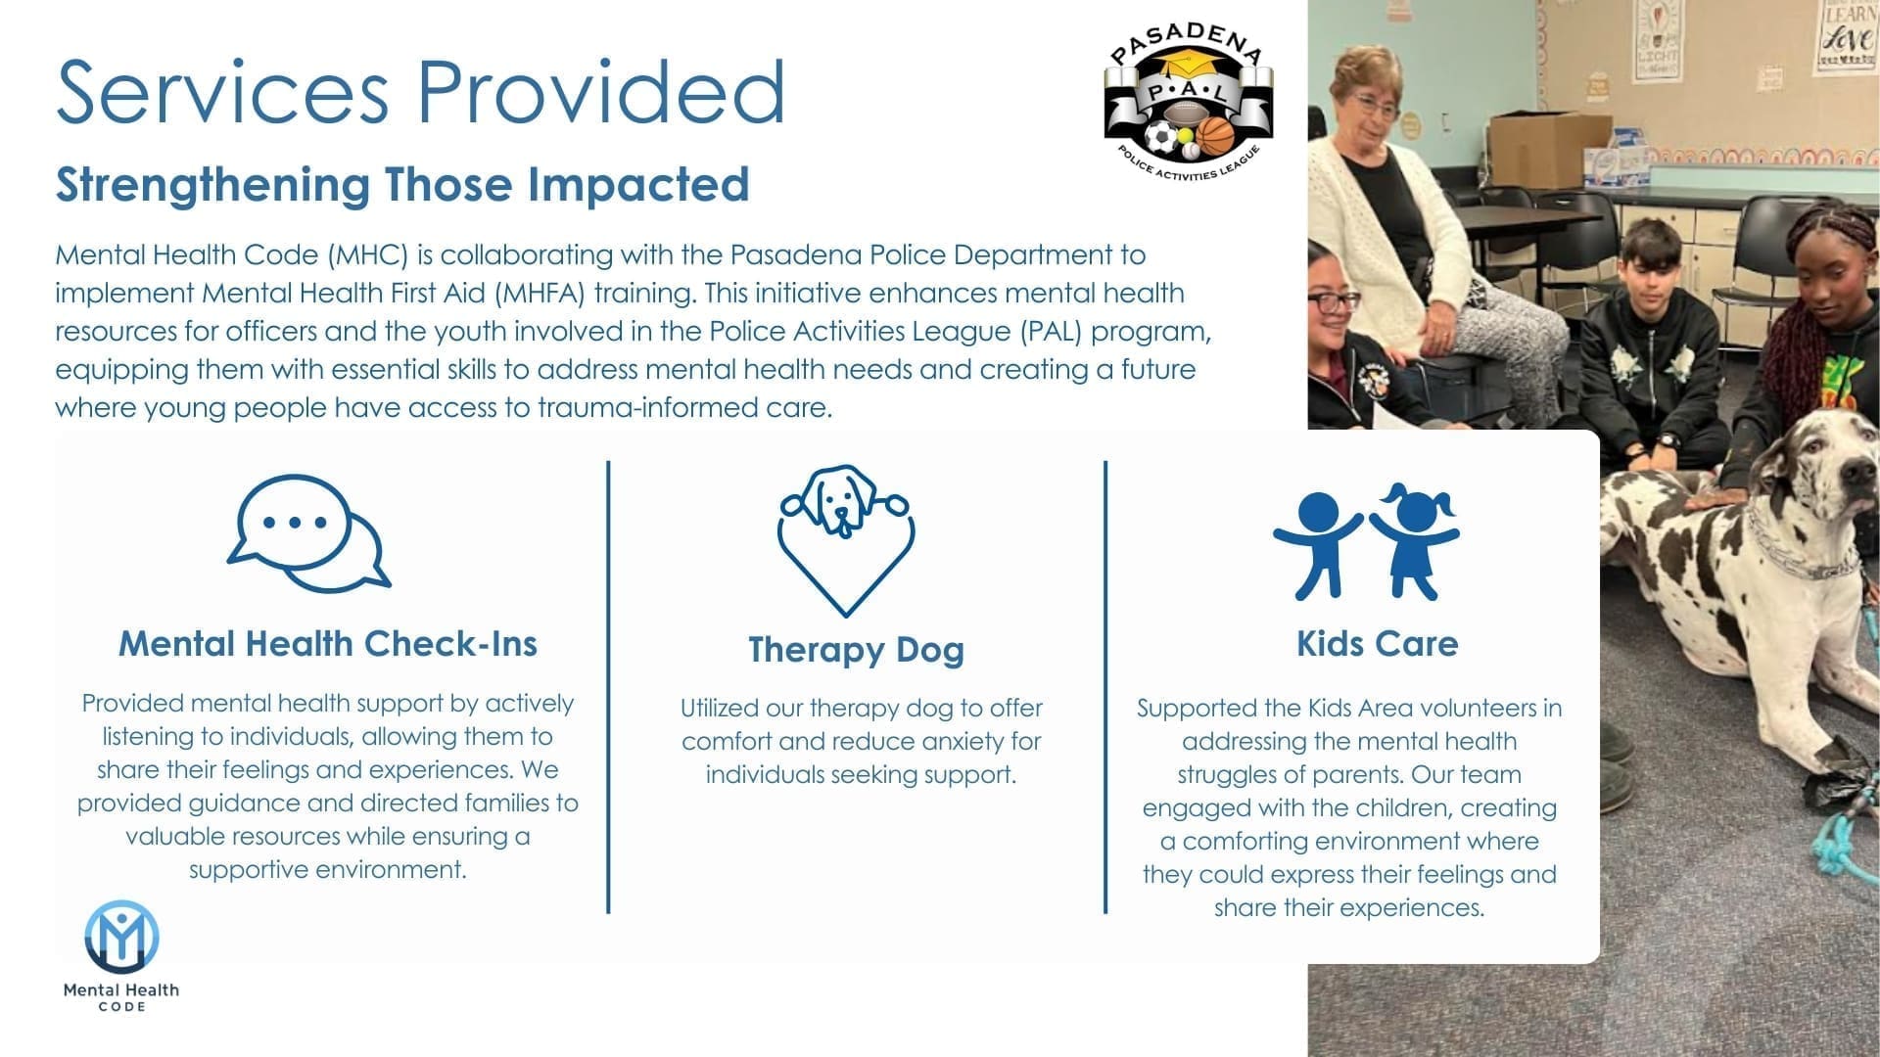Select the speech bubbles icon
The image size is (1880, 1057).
[308, 533]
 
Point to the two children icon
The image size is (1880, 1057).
[1366, 541]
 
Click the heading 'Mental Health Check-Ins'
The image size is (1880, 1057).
[328, 644]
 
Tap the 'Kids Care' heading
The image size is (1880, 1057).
[1378, 644]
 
